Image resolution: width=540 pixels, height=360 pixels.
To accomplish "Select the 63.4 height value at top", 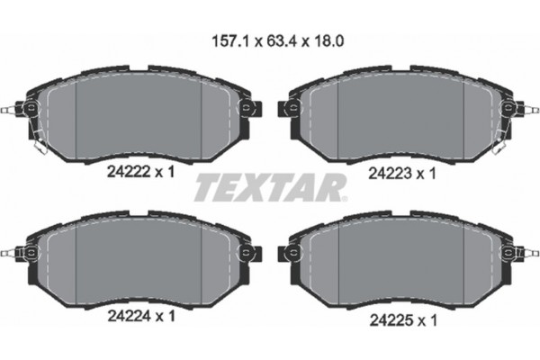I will (271, 40).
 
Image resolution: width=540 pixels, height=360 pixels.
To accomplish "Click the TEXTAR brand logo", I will (270, 188).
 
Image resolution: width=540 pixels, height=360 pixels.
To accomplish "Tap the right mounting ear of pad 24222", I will (246, 111).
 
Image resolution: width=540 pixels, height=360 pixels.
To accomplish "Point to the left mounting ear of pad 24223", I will (292, 111).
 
